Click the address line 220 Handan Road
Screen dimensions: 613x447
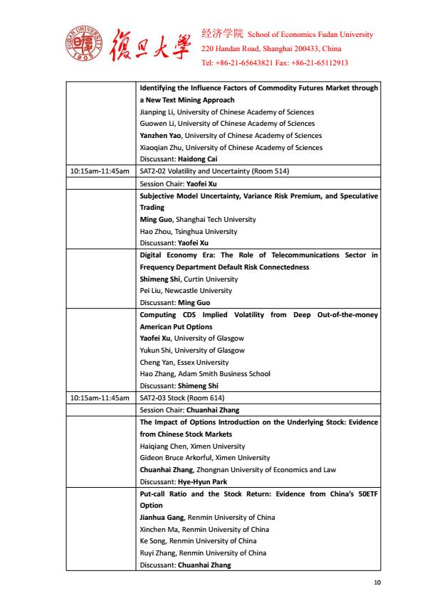tap(271, 48)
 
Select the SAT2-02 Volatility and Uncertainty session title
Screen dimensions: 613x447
tap(214, 171)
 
